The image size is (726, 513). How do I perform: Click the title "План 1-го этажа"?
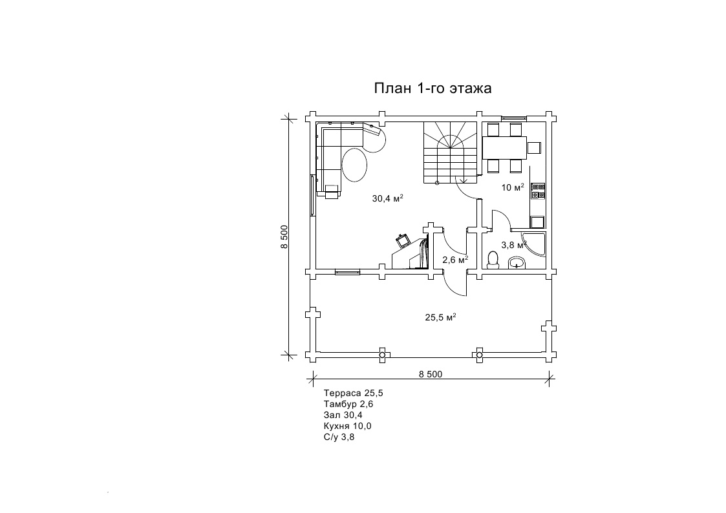pyautogui.click(x=432, y=88)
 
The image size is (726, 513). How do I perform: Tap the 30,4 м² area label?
pyautogui.click(x=387, y=198)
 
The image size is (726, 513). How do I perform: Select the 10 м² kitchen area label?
pyautogui.click(x=513, y=187)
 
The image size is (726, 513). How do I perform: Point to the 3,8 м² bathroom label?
pyautogui.click(x=514, y=245)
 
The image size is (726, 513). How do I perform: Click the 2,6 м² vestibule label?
pyautogui.click(x=455, y=260)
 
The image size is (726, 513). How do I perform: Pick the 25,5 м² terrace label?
pyautogui.click(x=441, y=317)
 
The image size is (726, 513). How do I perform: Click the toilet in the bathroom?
pyautogui.click(x=493, y=260)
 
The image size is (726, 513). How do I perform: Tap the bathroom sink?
pyautogui.click(x=517, y=263)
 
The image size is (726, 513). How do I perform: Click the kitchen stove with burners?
pyautogui.click(x=538, y=191)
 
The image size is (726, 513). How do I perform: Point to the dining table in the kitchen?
pyautogui.click(x=505, y=147)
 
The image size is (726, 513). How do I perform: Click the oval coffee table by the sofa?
pyautogui.click(x=354, y=165)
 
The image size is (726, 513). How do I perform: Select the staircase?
pyautogui.click(x=450, y=152)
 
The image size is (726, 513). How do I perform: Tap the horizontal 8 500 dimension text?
pyautogui.click(x=431, y=373)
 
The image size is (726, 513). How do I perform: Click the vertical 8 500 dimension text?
pyautogui.click(x=284, y=236)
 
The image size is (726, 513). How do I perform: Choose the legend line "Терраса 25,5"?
pyautogui.click(x=353, y=393)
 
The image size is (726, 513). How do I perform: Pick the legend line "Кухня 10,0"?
pyautogui.click(x=347, y=426)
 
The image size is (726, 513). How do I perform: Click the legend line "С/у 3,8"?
pyautogui.click(x=339, y=437)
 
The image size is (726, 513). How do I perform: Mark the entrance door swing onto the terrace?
pyautogui.click(x=455, y=283)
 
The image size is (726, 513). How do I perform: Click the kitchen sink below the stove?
pyautogui.click(x=538, y=222)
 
